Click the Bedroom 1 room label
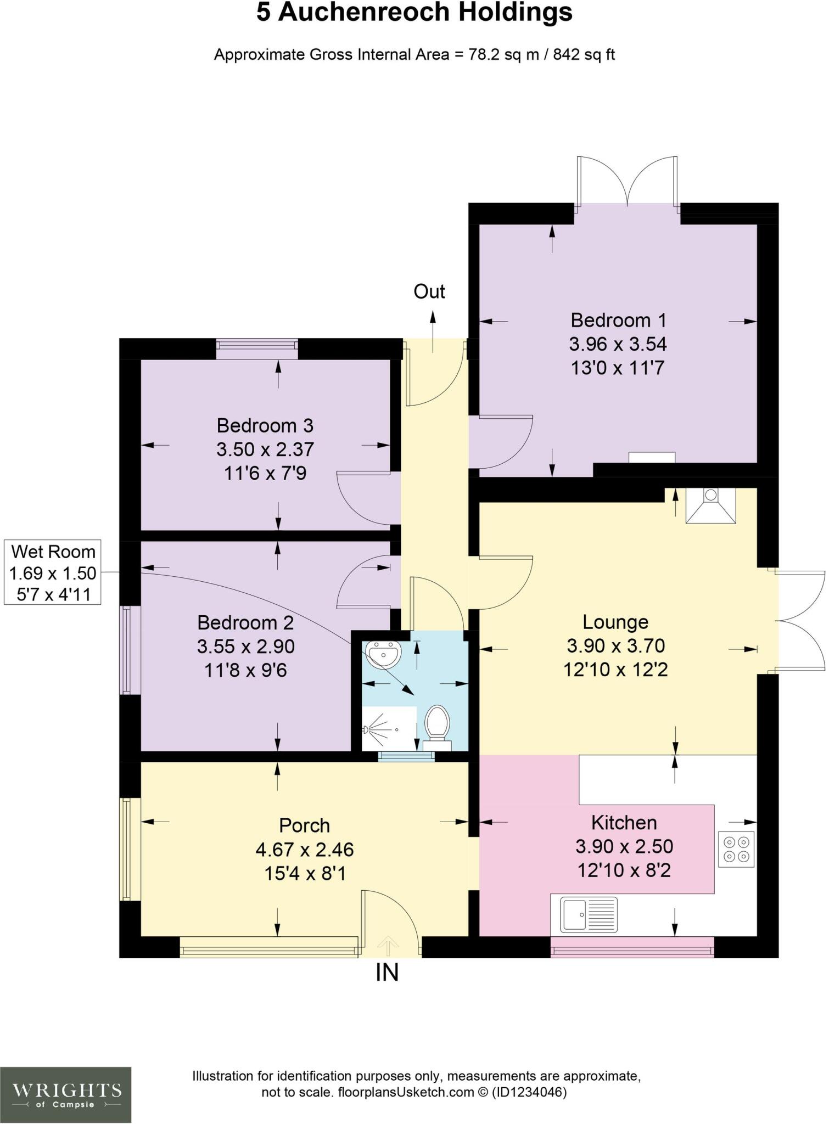tap(618, 320)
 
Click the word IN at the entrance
tap(387, 973)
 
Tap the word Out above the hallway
tap(429, 291)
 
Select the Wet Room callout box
tap(53, 572)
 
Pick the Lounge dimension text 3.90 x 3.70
tap(616, 646)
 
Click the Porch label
tap(304, 825)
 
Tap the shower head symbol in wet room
tap(367, 730)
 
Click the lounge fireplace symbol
tap(711, 505)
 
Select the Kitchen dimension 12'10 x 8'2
tap(624, 870)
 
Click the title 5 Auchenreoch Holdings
tap(414, 13)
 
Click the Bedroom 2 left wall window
tap(128, 650)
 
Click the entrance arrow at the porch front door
tap(389, 945)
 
